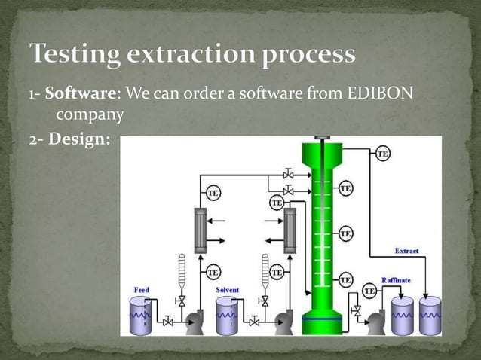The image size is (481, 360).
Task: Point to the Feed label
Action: coord(142,289)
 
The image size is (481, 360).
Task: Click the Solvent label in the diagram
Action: coord(228,289)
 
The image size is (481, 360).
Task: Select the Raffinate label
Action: coord(396,279)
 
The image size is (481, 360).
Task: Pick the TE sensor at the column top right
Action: coord(383,154)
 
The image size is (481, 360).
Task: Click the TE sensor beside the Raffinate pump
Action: coord(369,291)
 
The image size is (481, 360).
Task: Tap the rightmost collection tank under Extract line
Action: coord(430,312)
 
